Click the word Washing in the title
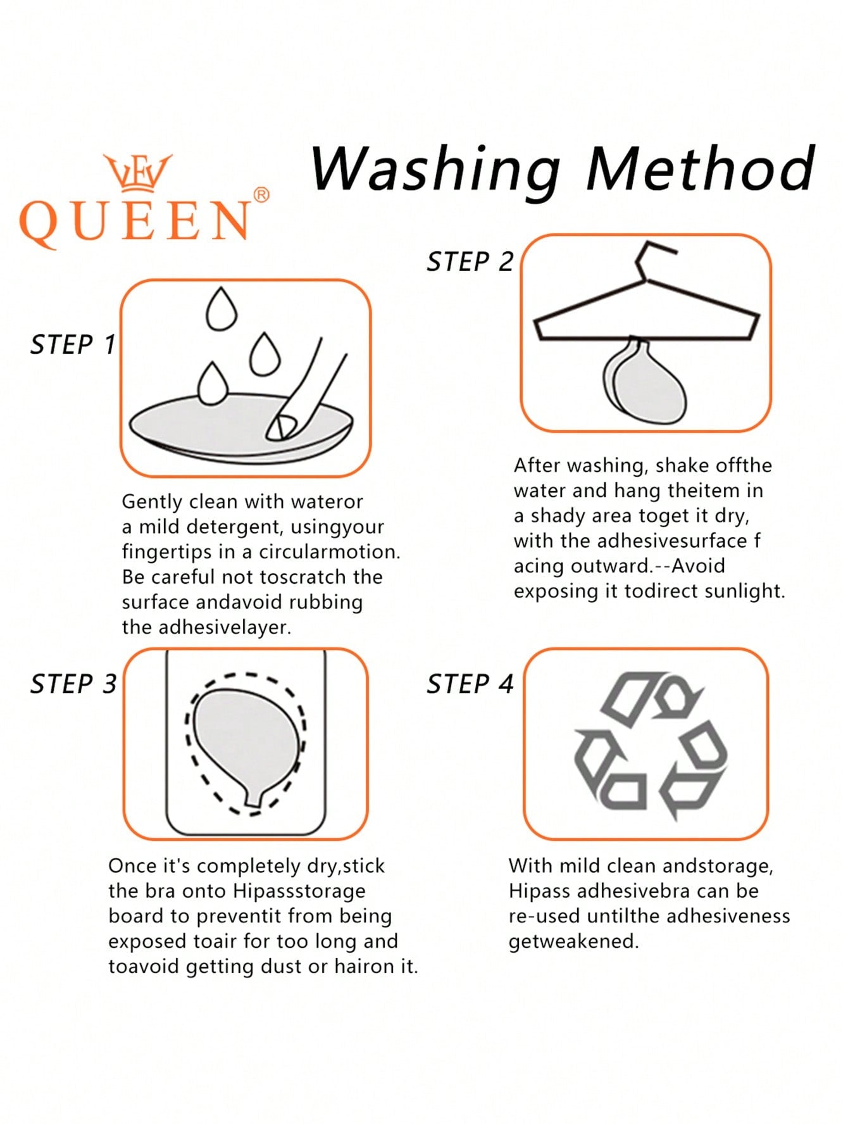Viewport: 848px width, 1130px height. click(435, 170)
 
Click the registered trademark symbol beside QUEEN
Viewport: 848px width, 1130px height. click(261, 194)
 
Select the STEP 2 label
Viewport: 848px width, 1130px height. click(470, 262)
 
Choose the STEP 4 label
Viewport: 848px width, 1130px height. click(470, 684)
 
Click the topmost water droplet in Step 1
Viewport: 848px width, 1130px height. click(221, 309)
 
